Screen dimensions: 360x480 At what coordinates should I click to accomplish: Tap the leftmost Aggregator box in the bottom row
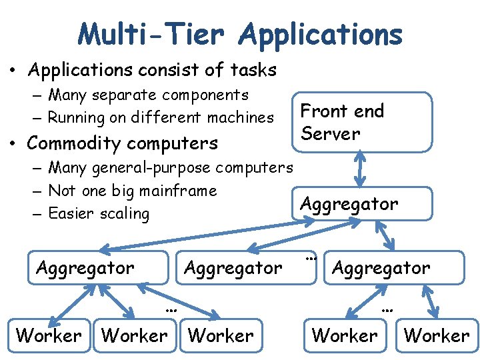[98, 268]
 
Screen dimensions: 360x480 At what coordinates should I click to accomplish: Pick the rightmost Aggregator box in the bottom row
[393, 268]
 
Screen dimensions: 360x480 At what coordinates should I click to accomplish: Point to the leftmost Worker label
[49, 335]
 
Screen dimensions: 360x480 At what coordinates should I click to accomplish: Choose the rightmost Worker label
[437, 335]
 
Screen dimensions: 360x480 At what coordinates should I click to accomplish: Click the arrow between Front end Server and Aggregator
[361, 169]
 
